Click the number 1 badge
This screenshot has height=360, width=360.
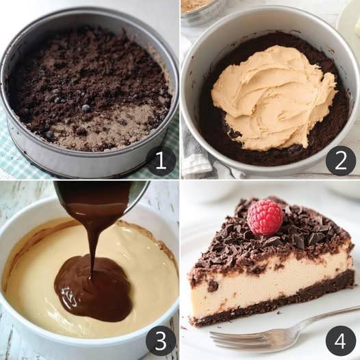point(161,161)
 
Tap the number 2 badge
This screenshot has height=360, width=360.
point(340,161)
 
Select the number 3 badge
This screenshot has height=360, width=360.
point(161,340)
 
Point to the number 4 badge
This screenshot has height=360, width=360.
point(340,340)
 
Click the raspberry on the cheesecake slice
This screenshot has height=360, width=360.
point(265,217)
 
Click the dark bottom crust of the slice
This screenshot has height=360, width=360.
point(271,305)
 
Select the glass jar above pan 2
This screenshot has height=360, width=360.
point(200,10)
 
